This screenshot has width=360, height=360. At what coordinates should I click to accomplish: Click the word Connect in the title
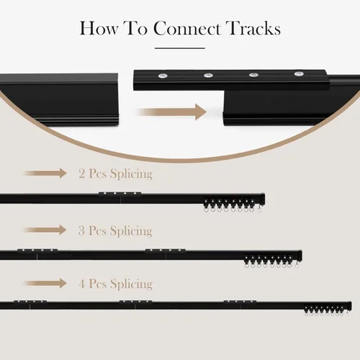tap(187, 28)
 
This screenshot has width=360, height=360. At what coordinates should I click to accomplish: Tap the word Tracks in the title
tap(253, 28)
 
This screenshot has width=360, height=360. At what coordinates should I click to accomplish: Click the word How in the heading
tap(99, 28)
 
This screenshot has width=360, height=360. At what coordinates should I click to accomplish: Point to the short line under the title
tap(180, 48)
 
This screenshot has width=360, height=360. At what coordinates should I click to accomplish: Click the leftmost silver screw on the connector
tap(163, 76)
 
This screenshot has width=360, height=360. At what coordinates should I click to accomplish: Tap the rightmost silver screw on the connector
tap(299, 73)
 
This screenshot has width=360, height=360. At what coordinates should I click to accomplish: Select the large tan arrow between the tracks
tap(171, 112)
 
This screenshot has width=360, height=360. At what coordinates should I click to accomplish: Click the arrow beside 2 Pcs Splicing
tap(45, 173)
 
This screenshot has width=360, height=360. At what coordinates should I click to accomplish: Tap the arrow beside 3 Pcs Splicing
tap(45, 230)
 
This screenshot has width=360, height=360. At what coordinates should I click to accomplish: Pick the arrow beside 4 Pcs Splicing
tap(45, 283)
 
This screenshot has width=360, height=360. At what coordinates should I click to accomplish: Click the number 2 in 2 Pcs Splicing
tap(81, 174)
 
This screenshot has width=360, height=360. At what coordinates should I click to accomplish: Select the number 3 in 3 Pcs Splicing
tap(81, 230)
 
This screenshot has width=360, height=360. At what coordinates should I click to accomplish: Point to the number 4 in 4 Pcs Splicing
tap(82, 284)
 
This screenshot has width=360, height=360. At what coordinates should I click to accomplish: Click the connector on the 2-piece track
tap(120, 194)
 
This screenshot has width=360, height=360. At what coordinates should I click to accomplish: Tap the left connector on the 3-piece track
tap(37, 251)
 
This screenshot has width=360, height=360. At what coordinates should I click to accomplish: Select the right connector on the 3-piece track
tap(166, 251)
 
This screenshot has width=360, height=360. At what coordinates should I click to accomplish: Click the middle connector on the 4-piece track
tap(135, 302)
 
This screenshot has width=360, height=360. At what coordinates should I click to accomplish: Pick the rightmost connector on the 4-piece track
tap(240, 302)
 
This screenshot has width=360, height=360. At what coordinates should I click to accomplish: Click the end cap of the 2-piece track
tap(263, 199)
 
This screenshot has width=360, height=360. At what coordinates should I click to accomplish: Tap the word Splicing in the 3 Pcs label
tap(131, 231)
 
